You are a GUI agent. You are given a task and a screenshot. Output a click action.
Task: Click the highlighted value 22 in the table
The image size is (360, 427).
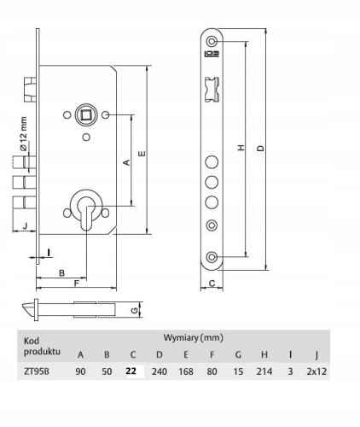point(131,371)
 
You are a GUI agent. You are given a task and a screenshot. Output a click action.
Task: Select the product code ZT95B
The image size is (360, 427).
point(37,371)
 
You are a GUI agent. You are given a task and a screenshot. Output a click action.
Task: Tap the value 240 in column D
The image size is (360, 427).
point(160,371)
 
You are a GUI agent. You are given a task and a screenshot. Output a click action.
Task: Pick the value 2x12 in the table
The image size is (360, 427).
point(316,371)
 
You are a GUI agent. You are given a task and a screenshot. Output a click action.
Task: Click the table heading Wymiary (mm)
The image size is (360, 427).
point(194,338)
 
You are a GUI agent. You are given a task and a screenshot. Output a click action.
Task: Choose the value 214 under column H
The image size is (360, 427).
point(264,371)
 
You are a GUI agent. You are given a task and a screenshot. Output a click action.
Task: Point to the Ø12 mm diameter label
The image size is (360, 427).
point(23,133)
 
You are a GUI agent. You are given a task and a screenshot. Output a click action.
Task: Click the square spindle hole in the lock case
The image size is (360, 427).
point(86,115)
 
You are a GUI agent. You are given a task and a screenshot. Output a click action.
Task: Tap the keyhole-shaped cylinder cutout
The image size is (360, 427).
point(86,212)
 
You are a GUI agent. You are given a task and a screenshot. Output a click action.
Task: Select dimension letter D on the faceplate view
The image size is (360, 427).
point(261,149)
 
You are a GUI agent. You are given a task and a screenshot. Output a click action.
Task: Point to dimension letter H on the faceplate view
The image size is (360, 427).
point(241,148)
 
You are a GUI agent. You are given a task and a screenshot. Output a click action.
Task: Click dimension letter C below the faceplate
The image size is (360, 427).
point(212,284)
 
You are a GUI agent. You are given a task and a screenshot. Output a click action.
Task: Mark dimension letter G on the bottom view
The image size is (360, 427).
point(135,310)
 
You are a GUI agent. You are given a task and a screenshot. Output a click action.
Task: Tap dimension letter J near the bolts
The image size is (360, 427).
point(25,226)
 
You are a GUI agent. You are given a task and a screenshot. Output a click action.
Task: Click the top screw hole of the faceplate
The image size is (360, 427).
point(212,41)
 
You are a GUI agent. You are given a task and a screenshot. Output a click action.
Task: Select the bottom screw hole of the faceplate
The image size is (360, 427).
point(212,257)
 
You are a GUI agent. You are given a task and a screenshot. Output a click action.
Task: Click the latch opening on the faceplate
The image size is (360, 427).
point(212,89)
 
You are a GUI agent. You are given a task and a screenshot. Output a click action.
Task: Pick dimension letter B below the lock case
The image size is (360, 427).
point(61,273)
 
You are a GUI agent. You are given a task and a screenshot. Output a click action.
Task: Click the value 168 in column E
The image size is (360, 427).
point(186,371)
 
